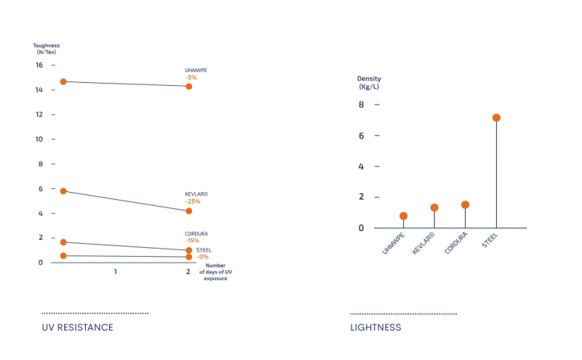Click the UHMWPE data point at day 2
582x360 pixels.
pyautogui.click(x=189, y=87)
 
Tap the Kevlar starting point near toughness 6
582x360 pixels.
pyautogui.click(x=63, y=191)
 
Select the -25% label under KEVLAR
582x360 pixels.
pyautogui.click(x=192, y=201)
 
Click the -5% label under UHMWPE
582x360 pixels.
pyautogui.click(x=191, y=77)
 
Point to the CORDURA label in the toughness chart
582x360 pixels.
pyautogui.click(x=196, y=233)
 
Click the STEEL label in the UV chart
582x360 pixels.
pyautogui.click(x=204, y=250)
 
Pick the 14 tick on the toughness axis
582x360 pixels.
pyautogui.click(x=40, y=90)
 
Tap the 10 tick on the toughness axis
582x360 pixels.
pyautogui.click(x=40, y=139)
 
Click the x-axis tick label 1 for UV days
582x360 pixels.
pyautogui.click(x=115, y=271)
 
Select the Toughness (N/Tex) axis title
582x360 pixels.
pyautogui.click(x=47, y=49)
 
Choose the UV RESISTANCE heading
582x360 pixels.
pyautogui.click(x=78, y=327)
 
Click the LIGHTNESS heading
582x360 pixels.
pyautogui.click(x=375, y=327)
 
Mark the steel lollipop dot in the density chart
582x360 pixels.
pyautogui.click(x=496, y=118)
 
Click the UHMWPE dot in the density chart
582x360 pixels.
pyautogui.click(x=404, y=216)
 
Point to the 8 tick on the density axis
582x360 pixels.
pyautogui.click(x=361, y=105)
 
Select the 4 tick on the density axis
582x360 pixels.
pyautogui.click(x=361, y=167)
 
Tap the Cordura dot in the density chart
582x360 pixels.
pyautogui.click(x=465, y=205)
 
